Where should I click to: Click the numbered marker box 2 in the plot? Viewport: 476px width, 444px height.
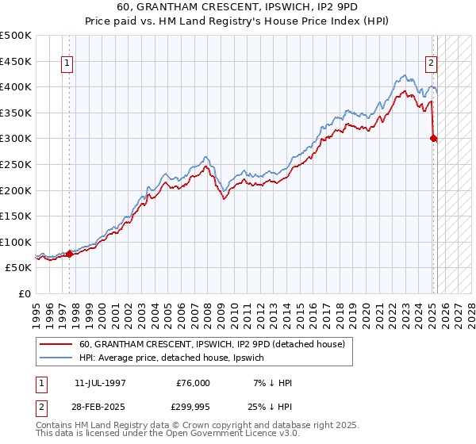click(x=431, y=64)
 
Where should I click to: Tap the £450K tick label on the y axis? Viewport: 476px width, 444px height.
click(x=17, y=61)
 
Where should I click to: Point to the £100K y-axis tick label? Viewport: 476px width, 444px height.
click(x=17, y=242)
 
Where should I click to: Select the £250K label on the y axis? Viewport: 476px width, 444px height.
click(x=17, y=164)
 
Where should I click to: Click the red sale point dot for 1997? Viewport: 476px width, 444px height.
click(x=69, y=254)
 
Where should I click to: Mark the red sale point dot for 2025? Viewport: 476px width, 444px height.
click(x=433, y=138)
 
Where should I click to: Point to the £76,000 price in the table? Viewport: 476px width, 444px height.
click(x=193, y=383)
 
